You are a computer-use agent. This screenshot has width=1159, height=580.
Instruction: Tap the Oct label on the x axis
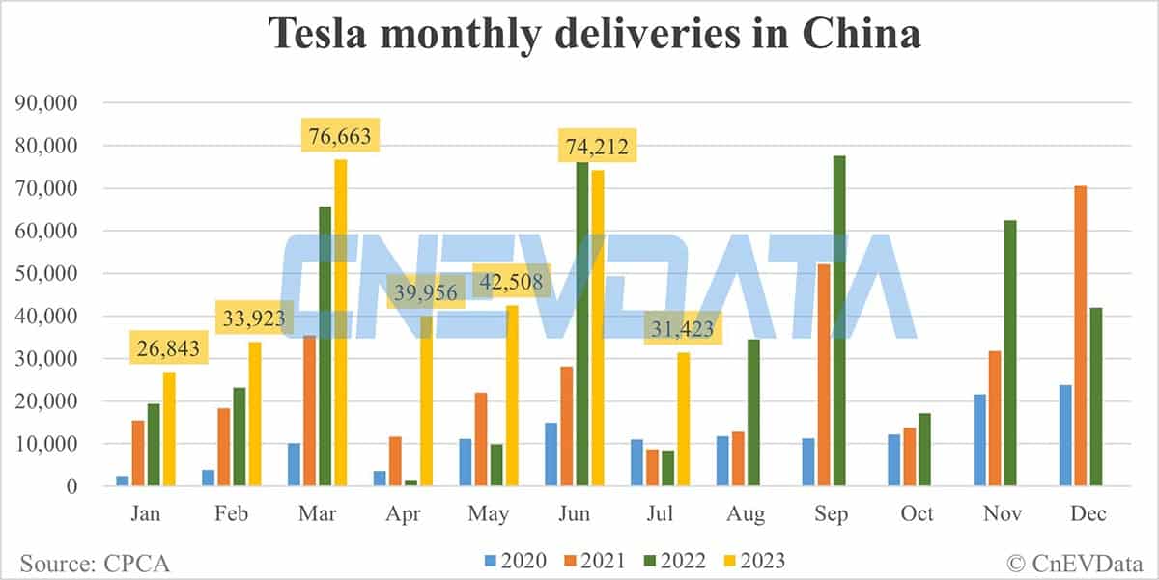click(x=917, y=513)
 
